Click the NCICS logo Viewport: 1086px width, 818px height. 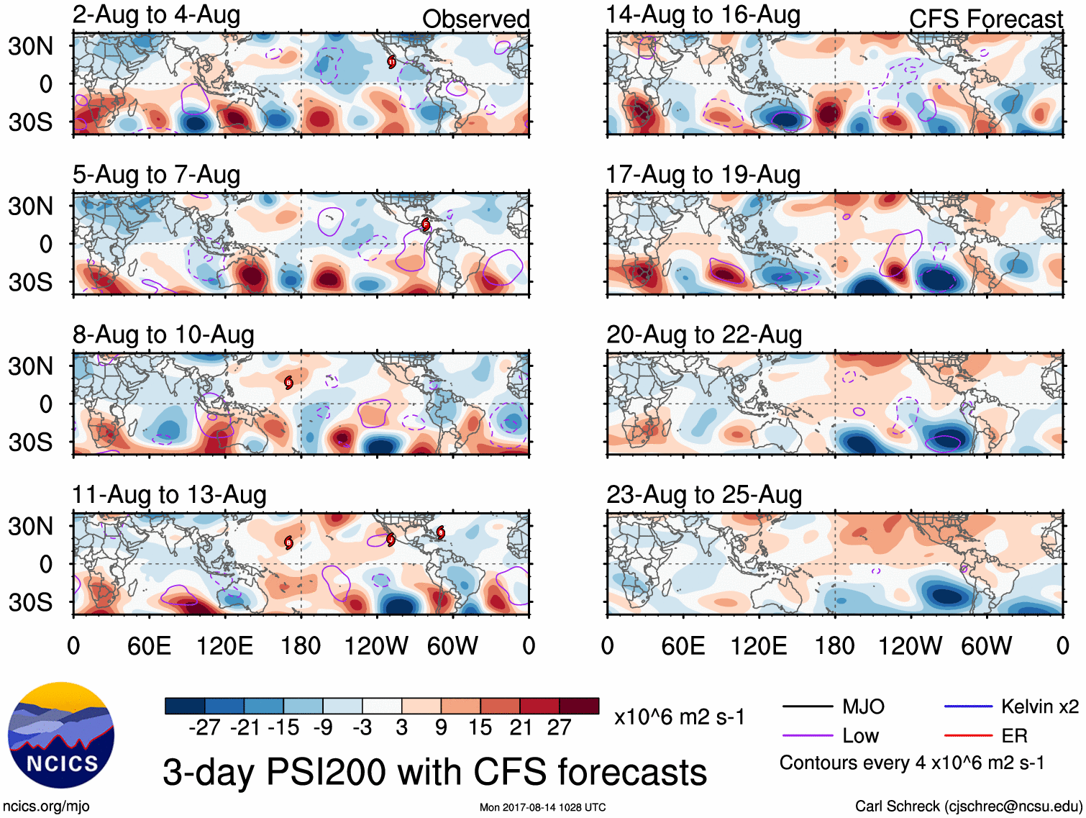point(61,735)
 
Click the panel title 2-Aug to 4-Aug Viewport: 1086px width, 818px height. point(156,15)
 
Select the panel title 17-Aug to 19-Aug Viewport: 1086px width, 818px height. point(703,175)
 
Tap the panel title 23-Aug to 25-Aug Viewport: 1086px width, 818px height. point(703,495)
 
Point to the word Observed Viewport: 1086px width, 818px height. point(475,19)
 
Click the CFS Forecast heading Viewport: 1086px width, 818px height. point(985,19)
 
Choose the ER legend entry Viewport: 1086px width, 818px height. point(1014,735)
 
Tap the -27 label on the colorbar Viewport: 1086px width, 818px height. point(204,728)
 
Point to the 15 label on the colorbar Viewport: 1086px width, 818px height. point(480,728)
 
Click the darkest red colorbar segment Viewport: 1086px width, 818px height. point(579,706)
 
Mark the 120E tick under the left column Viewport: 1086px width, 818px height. point(224,646)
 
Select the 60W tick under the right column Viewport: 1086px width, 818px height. point(986,646)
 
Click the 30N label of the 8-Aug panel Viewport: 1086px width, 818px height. point(30,366)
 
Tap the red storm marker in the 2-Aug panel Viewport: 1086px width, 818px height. point(391,62)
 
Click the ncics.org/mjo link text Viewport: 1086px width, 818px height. point(46,806)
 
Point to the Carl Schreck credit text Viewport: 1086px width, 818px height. point(968,806)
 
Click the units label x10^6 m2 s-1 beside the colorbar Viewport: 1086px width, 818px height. point(679,717)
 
